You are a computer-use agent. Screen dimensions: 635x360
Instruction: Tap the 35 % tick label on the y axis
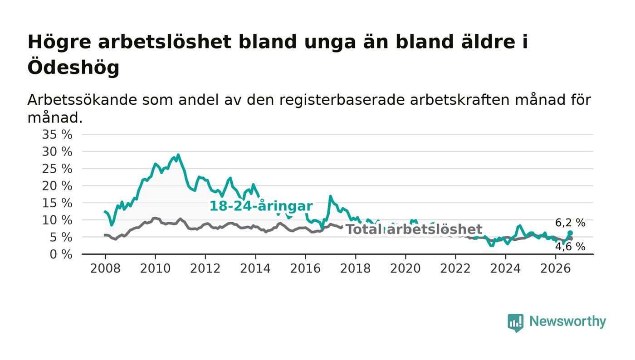(x=57, y=134)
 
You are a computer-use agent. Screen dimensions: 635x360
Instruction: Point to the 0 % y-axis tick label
(x=61, y=254)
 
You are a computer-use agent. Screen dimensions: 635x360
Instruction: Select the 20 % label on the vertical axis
(x=57, y=186)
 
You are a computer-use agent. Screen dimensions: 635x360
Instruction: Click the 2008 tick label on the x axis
(x=105, y=269)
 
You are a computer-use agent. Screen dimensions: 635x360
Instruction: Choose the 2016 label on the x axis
(x=305, y=269)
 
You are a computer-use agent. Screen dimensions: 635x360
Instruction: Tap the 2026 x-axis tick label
(x=555, y=269)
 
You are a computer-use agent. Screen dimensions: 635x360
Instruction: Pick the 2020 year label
(x=405, y=269)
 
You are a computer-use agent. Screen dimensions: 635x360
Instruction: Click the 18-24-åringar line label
(x=261, y=206)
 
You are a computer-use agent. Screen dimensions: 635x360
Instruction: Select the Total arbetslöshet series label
(x=414, y=229)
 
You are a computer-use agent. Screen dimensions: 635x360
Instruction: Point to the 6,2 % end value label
(x=570, y=223)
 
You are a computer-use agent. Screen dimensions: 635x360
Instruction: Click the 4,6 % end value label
(x=570, y=247)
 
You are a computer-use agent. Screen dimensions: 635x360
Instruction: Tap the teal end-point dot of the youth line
(x=570, y=233)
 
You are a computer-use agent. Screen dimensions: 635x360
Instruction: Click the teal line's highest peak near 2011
(x=178, y=155)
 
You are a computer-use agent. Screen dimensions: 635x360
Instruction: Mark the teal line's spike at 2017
(x=330, y=196)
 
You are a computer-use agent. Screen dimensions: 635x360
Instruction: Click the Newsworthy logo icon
(x=515, y=323)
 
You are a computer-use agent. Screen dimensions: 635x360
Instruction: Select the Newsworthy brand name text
(x=567, y=321)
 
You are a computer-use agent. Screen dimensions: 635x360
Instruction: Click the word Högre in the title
(x=59, y=42)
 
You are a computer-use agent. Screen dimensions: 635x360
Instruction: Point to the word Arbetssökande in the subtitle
(x=82, y=100)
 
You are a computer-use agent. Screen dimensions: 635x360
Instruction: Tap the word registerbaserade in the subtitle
(x=342, y=100)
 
